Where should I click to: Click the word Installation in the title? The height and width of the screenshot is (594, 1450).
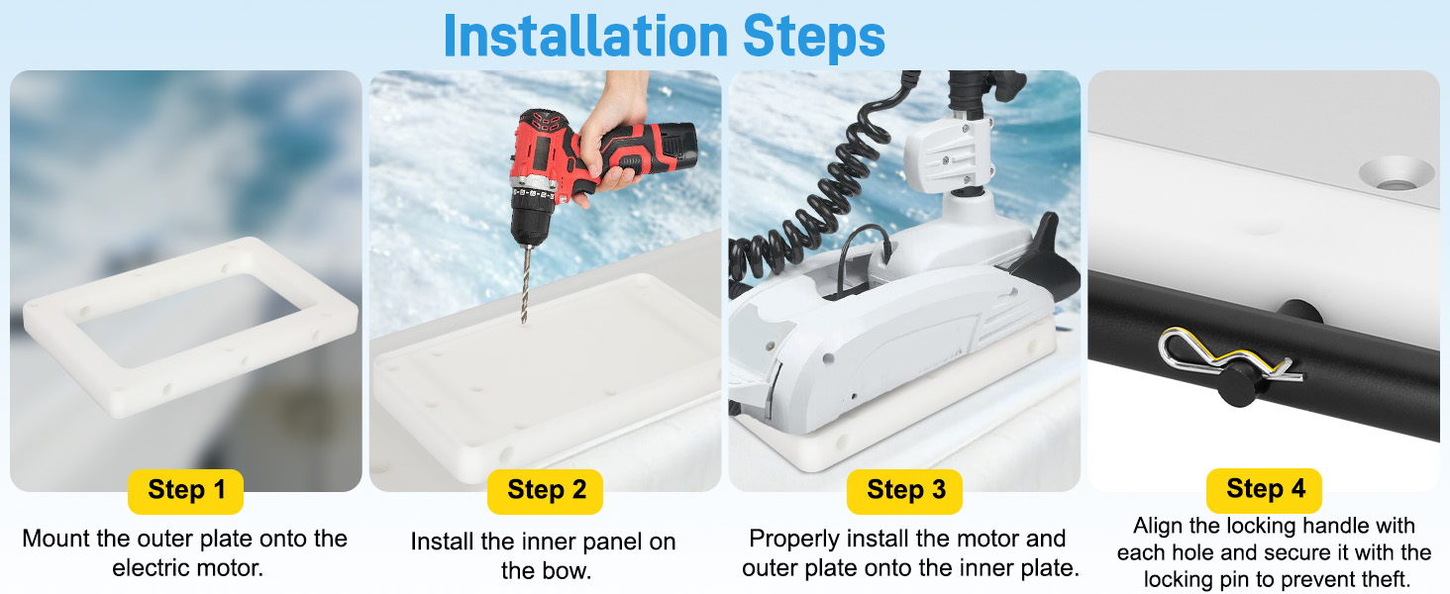click(585, 36)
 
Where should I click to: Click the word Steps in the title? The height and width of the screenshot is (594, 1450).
click(814, 36)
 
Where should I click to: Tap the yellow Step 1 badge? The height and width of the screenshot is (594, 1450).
click(186, 490)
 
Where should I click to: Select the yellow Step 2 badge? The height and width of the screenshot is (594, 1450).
click(545, 490)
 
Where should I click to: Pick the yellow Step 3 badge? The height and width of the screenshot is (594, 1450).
click(905, 490)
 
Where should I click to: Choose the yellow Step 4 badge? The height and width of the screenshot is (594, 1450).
click(1264, 490)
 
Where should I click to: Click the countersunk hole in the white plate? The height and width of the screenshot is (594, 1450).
click(1396, 173)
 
